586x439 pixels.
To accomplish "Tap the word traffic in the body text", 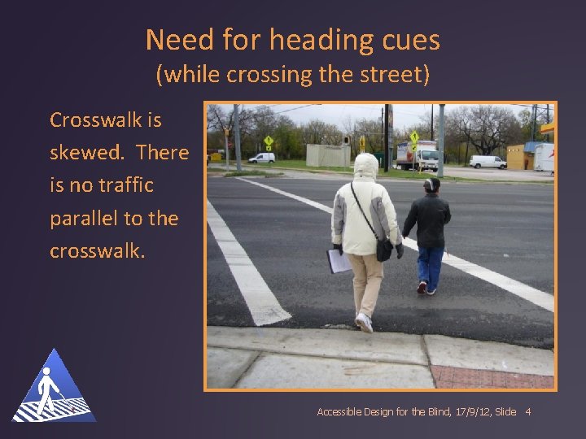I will coord(123,185).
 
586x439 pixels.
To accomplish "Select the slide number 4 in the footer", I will coord(528,412).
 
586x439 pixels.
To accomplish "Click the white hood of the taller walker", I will coord(365,167).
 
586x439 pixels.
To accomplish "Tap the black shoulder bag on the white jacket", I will coord(383,249).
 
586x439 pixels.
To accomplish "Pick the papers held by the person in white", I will coord(338,261).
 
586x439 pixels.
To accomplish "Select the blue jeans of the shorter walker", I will coord(430,266).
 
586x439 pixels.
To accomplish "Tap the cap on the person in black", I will coord(431,184).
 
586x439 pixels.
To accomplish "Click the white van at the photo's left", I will coord(261,158).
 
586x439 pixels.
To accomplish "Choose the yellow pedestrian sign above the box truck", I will coord(414,137).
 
